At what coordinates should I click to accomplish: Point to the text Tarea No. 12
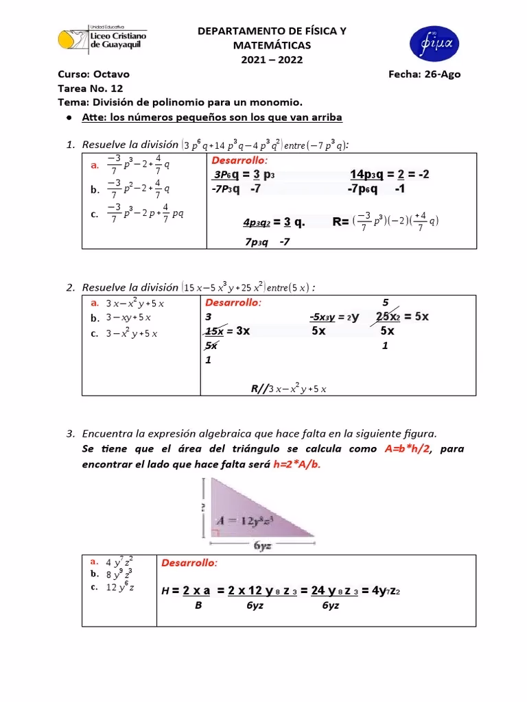click(x=90, y=88)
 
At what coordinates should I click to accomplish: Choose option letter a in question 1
click(x=94, y=165)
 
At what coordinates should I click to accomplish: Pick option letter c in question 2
click(x=95, y=334)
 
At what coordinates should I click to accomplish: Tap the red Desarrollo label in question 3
click(x=189, y=563)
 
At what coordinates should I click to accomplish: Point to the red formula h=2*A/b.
click(x=296, y=464)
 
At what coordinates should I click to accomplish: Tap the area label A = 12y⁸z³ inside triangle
click(x=246, y=520)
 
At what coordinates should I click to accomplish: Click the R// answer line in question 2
click(x=288, y=389)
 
